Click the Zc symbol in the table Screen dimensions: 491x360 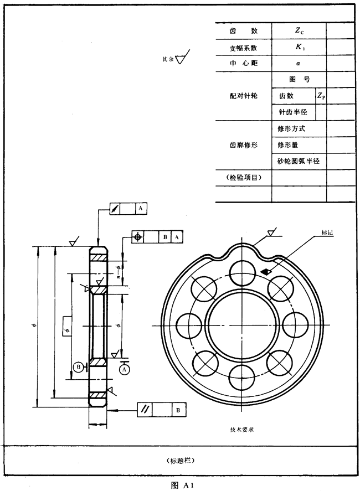coord(299,32)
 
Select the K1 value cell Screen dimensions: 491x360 coord(299,48)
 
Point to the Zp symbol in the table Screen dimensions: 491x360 coord(321,96)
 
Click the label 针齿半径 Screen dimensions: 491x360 coord(293,112)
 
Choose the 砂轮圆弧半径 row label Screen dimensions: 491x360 coord(299,161)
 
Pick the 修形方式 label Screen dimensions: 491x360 coord(291,128)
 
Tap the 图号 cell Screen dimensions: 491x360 coord(299,80)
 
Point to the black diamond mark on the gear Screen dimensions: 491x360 coord(266,271)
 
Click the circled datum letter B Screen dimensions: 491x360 coord(79,366)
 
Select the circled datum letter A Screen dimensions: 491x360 coord(124,368)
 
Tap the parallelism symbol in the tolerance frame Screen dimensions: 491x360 coord(146,410)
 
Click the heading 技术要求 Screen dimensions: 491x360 coord(242,429)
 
